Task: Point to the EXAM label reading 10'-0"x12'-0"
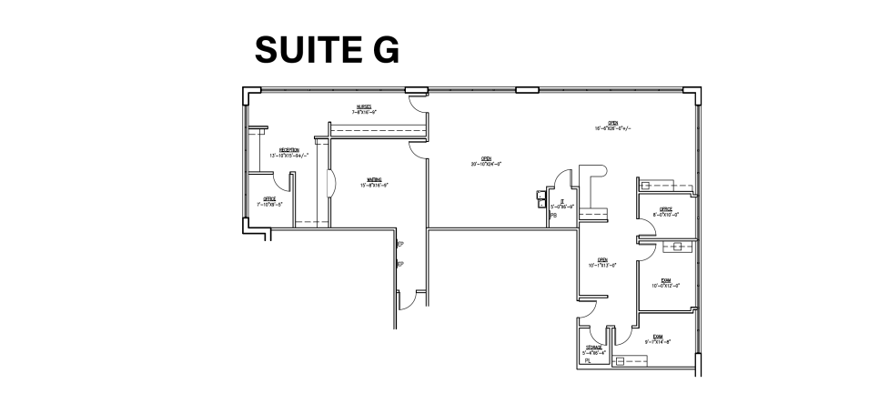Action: [x=666, y=282]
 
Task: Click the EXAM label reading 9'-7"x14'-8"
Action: [x=656, y=338]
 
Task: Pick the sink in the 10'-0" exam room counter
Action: [x=675, y=247]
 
